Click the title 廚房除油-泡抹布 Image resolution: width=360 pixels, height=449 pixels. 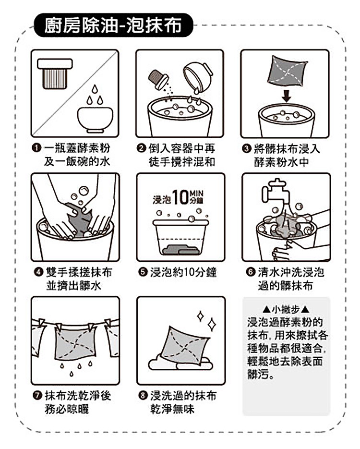[x=113, y=25]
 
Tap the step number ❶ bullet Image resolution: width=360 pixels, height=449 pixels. [x=36, y=148]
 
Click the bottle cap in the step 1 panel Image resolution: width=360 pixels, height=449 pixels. [x=55, y=73]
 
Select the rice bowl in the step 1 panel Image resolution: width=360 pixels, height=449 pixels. [x=95, y=120]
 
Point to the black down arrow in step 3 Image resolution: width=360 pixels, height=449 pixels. [x=286, y=96]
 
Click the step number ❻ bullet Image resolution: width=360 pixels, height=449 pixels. [x=251, y=272]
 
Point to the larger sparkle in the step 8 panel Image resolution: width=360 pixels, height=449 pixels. [x=212, y=324]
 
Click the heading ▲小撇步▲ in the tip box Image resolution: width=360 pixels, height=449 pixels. [x=286, y=309]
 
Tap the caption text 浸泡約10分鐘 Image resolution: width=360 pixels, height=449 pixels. [x=183, y=272]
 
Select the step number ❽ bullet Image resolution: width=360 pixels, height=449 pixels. [x=143, y=395]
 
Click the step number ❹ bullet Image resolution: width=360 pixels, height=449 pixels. [x=38, y=272]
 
